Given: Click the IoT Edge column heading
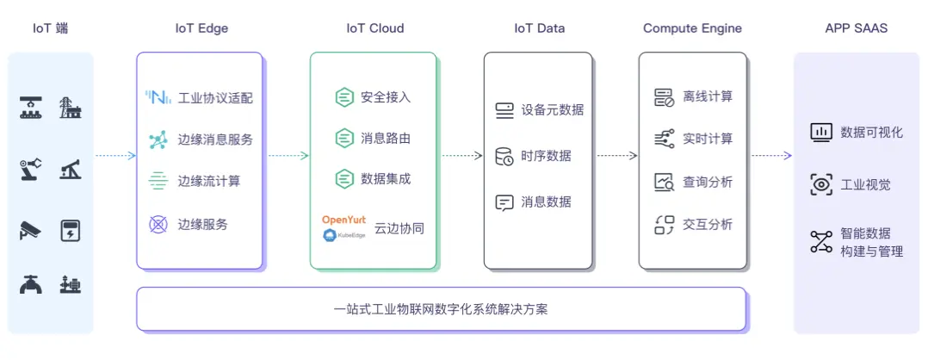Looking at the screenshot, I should [201, 28].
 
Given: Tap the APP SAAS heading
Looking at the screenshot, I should [856, 28].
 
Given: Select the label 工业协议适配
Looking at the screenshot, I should [215, 97].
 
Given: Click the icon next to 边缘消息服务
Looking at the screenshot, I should [158, 140].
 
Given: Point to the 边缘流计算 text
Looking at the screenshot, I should [209, 181].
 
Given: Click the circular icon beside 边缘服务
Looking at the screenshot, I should [158, 224].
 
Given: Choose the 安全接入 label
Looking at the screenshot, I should [386, 96].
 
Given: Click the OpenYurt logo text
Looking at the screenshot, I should [343, 220].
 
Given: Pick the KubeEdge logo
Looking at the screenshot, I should [343, 234].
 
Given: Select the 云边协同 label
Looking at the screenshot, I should [399, 229].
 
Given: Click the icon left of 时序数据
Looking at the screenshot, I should [504, 157].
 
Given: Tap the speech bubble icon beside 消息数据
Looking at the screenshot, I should [504, 202].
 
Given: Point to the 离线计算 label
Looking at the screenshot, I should [708, 96].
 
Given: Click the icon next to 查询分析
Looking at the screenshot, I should [664, 182].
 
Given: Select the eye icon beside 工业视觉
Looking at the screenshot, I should [821, 184].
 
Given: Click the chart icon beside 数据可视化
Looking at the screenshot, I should [821, 132].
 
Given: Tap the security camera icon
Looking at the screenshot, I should [30, 230].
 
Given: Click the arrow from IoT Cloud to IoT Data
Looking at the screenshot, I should [461, 156].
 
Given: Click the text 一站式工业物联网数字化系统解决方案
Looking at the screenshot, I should [440, 309].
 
